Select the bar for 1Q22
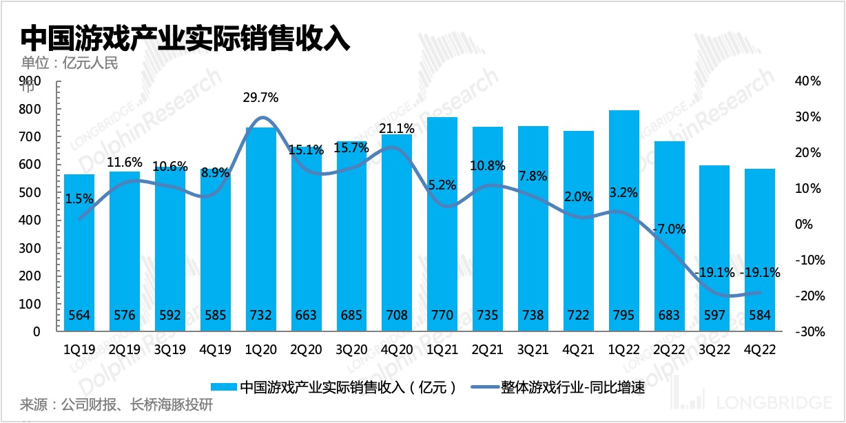[x=624, y=220]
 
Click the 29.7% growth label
[x=260, y=98]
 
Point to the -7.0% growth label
[x=669, y=229]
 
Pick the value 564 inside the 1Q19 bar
[x=79, y=316]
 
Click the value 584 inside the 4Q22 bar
[x=760, y=316]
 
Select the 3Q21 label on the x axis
[x=533, y=349]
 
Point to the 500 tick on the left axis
[x=32, y=192]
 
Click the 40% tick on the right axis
[x=807, y=81]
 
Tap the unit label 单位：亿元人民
[x=70, y=63]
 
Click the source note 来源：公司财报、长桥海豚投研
[x=116, y=404]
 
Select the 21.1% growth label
[x=396, y=129]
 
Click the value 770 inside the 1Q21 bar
[x=442, y=316]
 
